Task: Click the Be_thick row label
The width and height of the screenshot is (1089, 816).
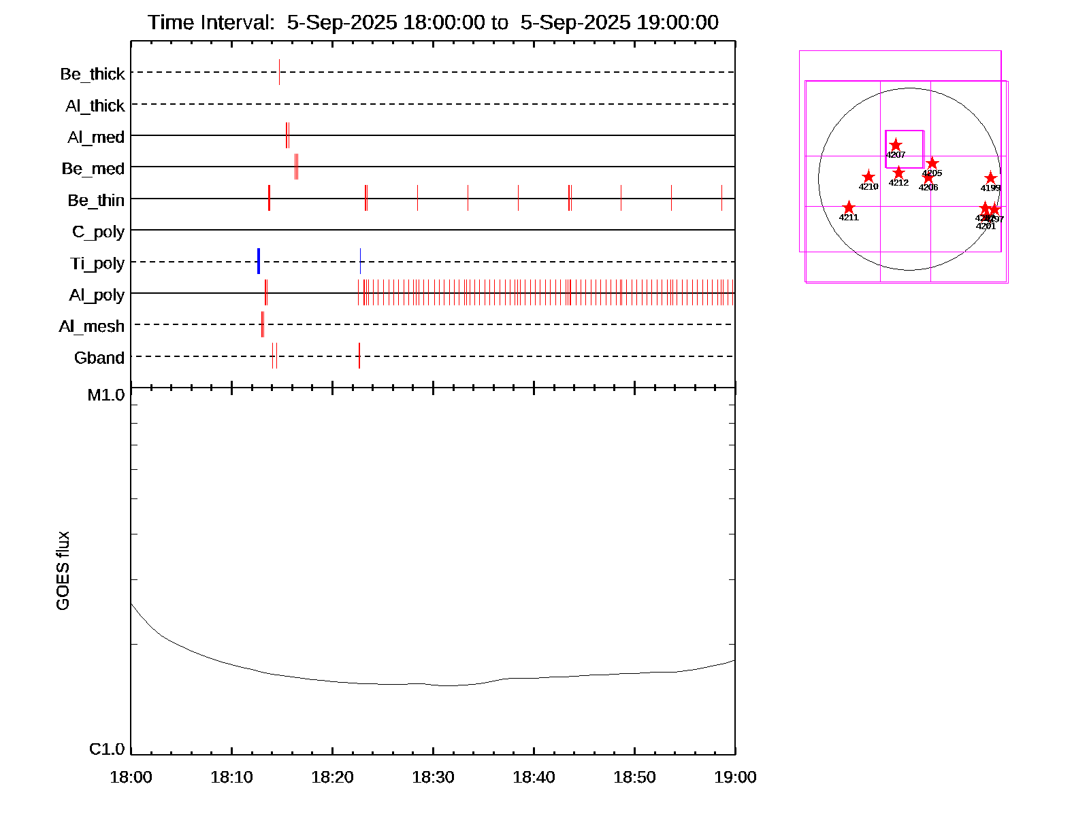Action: pos(93,74)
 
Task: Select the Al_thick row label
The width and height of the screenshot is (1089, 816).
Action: pos(95,106)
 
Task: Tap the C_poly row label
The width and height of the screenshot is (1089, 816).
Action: pos(98,233)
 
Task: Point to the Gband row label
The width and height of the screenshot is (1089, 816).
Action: pos(99,358)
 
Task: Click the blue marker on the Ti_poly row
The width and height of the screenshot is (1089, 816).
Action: pos(259,261)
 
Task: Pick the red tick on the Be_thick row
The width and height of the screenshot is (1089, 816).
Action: pos(279,72)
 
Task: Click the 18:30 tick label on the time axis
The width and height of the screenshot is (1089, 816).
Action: pos(433,777)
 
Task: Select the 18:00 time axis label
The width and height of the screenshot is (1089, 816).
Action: pos(131,777)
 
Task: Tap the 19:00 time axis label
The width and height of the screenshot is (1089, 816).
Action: pos(735,777)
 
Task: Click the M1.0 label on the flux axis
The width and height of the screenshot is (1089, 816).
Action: pos(106,395)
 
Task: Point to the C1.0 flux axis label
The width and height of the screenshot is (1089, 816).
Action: pos(107,749)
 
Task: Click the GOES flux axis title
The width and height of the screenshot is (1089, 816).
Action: pos(63,571)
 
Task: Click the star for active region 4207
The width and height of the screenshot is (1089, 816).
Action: pos(896,145)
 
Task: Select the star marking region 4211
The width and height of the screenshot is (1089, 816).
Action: pos(849,207)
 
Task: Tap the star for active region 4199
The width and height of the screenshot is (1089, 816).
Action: pos(990,178)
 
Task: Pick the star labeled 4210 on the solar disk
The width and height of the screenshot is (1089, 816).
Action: pos(868,177)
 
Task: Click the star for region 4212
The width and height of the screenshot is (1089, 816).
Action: pos(898,173)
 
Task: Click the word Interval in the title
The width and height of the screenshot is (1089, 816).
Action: pos(233,22)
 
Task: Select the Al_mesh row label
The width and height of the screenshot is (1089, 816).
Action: pos(92,327)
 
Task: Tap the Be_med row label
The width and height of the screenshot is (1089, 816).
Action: pos(93,169)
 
